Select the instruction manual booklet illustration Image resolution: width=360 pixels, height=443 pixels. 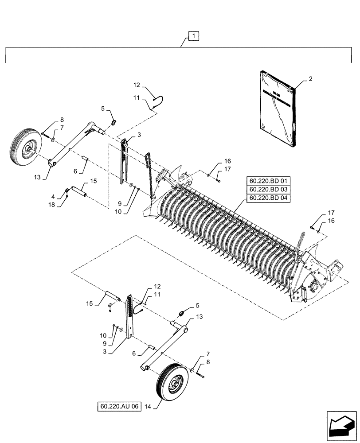tap(277, 108)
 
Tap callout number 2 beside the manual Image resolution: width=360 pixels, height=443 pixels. tap(310, 79)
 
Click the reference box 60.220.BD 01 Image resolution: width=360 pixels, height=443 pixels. tap(268, 181)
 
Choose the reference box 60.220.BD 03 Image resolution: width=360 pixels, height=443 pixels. tap(268, 190)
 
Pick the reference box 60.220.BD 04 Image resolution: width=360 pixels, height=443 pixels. tap(268, 198)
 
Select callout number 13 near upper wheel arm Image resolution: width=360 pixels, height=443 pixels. tap(38, 177)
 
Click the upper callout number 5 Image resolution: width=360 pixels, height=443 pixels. tap(103, 108)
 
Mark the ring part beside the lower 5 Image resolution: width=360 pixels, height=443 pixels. tap(182, 314)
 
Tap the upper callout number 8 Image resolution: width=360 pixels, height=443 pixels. tap(62, 120)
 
